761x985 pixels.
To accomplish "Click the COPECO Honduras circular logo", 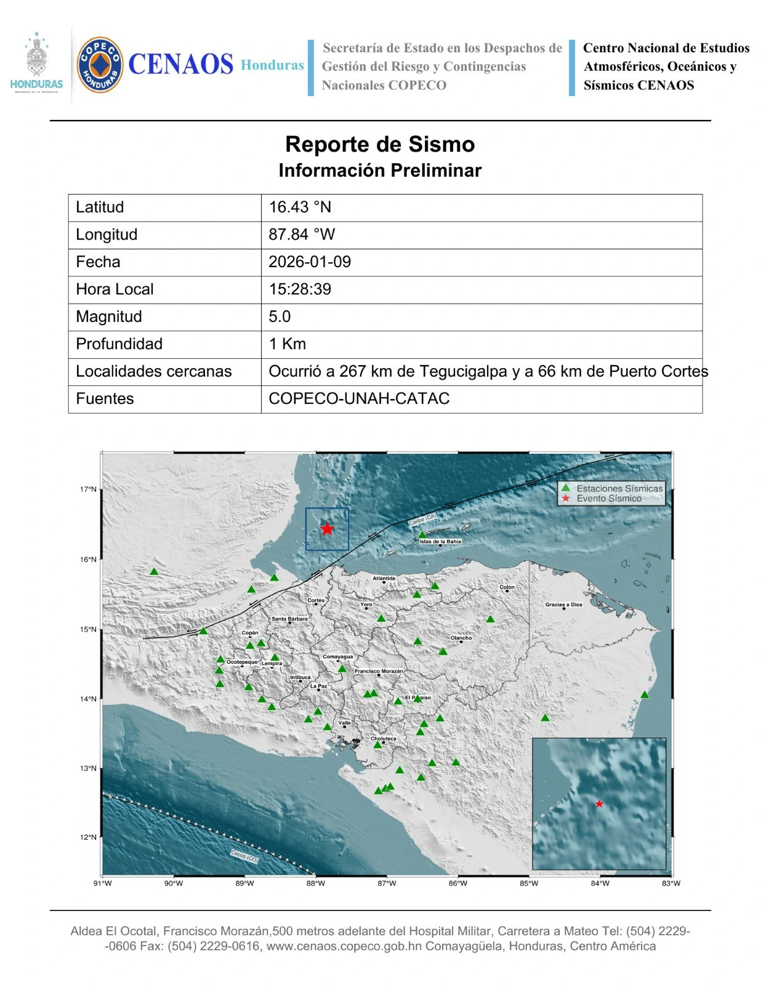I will pos(99,65).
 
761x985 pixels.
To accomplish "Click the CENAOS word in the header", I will pos(180,65).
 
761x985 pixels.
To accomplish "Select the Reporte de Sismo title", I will pos(380,144).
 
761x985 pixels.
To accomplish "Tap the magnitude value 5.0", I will pos(280,316).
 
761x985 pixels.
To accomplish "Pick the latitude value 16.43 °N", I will pos(300,207).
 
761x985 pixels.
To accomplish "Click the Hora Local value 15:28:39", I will pos(300,289).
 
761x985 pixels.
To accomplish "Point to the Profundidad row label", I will pos(119,344).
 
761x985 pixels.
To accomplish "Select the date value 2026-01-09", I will pos(310,262).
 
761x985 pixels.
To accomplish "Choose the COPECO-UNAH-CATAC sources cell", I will pos(359,398).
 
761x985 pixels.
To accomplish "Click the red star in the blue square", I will pos(327,529).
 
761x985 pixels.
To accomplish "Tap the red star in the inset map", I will pos(599,804).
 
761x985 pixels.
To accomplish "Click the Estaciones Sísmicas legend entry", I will pos(619,488).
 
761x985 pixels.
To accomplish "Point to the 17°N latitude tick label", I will pos(87,489).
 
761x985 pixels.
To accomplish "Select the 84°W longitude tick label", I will pos(600,883).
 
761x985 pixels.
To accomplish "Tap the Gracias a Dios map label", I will pos(563,605).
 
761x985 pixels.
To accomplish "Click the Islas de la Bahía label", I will pos(440,542).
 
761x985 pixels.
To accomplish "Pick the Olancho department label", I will pos(461,638).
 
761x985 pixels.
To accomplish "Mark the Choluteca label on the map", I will pos(383,738).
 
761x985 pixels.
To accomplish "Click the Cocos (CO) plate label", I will pos(244,856).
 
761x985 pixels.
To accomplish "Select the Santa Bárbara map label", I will pos(289,619).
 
